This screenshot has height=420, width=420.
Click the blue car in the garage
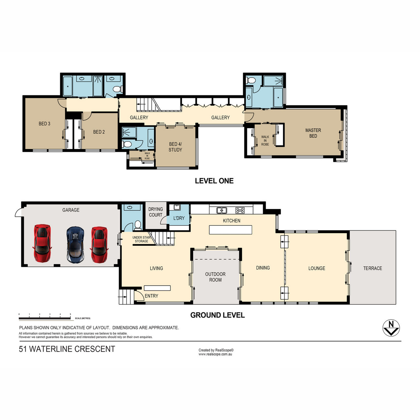[x=75, y=245]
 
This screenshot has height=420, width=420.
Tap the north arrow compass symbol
[x=391, y=328]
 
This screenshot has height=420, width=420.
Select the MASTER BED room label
[x=313, y=133]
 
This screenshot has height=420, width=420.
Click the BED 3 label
[x=44, y=124]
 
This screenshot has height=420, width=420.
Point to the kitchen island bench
[x=230, y=230]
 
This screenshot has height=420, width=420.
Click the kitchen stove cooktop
[x=240, y=210]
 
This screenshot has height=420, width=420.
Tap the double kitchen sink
[x=222, y=210]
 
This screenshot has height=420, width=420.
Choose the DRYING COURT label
[x=156, y=212]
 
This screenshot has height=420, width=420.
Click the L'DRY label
[x=179, y=218]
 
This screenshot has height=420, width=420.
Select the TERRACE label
[x=372, y=268]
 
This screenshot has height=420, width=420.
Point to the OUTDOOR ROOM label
[x=215, y=277]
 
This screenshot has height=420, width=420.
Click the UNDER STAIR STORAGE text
[x=141, y=239]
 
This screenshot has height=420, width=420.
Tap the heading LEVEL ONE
[x=214, y=181]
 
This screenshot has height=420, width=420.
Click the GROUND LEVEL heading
[x=217, y=315]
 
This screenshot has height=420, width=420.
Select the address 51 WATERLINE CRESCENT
[x=67, y=349]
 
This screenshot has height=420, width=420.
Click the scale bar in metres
[x=45, y=318]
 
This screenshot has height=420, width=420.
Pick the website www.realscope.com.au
[x=215, y=354]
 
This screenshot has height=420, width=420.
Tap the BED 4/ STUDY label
[x=175, y=147]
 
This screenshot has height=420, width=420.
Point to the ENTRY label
[x=151, y=296]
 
